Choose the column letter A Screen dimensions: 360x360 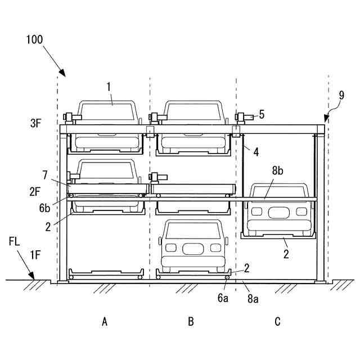tap(105, 322)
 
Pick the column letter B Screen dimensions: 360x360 tap(191, 322)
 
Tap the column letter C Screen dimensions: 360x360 tap(277, 322)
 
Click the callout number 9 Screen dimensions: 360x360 tap(341, 95)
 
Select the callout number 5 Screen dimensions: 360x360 tap(262, 115)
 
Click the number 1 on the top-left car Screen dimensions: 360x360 tap(109, 85)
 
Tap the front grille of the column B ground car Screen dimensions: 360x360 tap(191, 248)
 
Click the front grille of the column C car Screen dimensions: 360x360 tap(277, 212)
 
